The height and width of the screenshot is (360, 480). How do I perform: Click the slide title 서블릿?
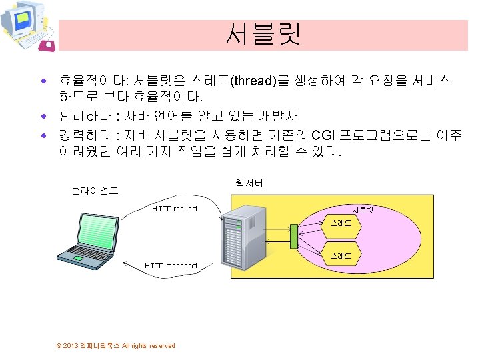click(x=263, y=34)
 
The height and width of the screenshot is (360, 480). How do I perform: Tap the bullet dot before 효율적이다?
click(x=43, y=81)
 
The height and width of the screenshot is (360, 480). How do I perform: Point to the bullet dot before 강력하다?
click(x=43, y=136)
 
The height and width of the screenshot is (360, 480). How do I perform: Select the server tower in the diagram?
click(x=244, y=237)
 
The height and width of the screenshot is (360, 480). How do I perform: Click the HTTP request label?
click(x=175, y=209)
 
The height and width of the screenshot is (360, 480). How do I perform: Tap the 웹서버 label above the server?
click(x=249, y=182)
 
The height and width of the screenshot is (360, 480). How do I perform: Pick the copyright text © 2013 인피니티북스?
click(x=116, y=345)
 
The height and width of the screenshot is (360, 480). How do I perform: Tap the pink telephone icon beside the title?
click(x=48, y=45)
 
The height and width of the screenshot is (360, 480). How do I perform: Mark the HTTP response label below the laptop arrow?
click(x=172, y=265)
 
